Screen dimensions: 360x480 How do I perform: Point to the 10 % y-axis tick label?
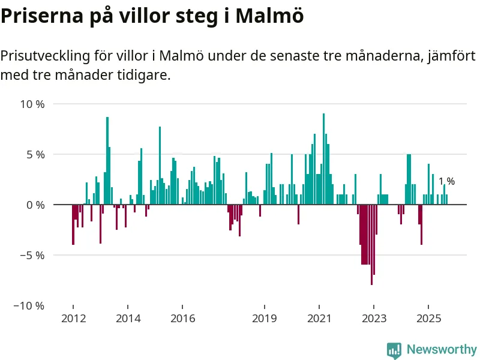[32, 104]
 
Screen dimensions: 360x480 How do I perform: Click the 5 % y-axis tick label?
[35, 154]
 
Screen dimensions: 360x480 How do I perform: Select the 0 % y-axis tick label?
[35, 205]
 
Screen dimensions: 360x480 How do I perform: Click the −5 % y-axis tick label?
[32, 255]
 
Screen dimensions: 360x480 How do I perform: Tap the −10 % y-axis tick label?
[29, 305]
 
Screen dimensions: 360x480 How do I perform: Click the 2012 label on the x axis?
[73, 318]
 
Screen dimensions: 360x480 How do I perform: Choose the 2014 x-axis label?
[128, 318]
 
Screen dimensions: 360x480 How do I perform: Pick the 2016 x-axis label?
[183, 318]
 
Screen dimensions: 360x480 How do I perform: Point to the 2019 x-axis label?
[265, 318]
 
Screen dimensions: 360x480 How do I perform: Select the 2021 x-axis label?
[320, 318]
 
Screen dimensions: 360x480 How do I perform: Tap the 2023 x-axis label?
[374, 318]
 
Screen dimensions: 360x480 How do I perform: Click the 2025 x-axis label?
[429, 318]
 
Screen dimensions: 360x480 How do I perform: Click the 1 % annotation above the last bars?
[446, 181]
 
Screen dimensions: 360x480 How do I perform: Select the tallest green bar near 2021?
[323, 159]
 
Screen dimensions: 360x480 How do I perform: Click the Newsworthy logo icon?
[394, 350]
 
